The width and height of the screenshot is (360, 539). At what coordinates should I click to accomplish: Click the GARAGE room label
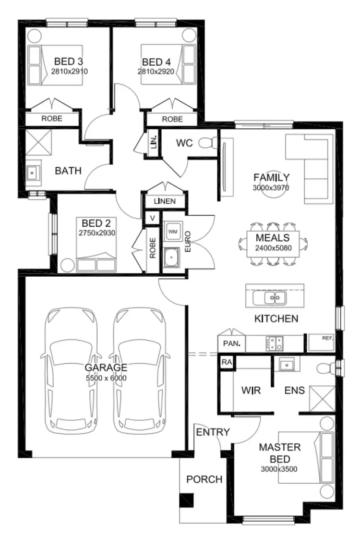pyautogui.click(x=106, y=367)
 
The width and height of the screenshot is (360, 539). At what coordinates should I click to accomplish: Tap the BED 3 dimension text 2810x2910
pyautogui.click(x=69, y=71)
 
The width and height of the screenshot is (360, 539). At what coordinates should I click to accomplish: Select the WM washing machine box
pyautogui.click(x=172, y=232)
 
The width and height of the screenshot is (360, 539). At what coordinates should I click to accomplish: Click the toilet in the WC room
pyautogui.click(x=208, y=143)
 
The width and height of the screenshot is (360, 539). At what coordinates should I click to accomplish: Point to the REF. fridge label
pyautogui.click(x=327, y=338)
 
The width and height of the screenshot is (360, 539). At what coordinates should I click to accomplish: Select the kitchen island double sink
pyautogui.click(x=269, y=298)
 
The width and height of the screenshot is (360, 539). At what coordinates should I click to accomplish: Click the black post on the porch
pyautogui.click(x=186, y=500)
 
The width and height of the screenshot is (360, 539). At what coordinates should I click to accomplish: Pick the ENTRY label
pyautogui.click(x=213, y=432)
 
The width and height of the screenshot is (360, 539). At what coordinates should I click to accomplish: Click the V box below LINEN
pyautogui.click(x=153, y=218)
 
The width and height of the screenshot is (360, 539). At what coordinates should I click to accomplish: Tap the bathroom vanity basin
pyautogui.click(x=33, y=172)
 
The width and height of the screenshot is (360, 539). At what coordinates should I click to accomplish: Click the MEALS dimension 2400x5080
pyautogui.click(x=272, y=248)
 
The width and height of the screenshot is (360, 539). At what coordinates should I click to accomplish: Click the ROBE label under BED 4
pyautogui.click(x=172, y=119)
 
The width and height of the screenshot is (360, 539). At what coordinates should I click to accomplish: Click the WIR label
pyautogui.click(x=251, y=390)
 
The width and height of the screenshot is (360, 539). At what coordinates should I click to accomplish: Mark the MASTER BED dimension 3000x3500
pyautogui.click(x=279, y=468)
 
